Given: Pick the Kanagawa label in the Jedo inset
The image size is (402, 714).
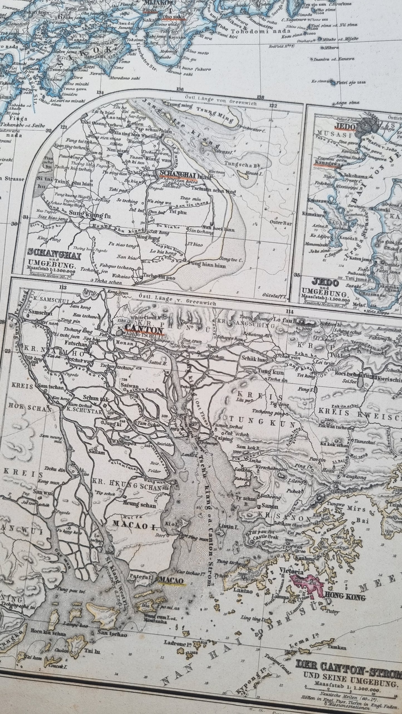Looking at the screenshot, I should point(328,164).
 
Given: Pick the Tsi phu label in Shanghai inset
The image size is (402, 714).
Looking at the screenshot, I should point(177,213).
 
